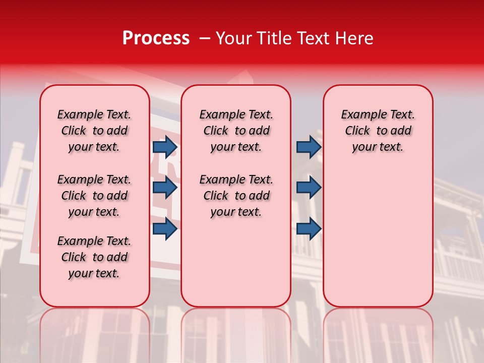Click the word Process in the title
pyautogui.click(x=156, y=38)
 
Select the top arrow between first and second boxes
pyautogui.click(x=165, y=147)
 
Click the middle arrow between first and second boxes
pyautogui.click(x=165, y=188)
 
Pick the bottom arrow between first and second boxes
pyautogui.click(x=165, y=229)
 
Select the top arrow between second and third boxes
pyautogui.click(x=309, y=147)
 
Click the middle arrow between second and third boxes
pyautogui.click(x=309, y=188)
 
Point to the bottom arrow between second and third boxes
pyautogui.click(x=309, y=229)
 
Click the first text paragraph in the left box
pyautogui.click(x=94, y=131)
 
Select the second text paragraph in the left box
pyautogui.click(x=94, y=196)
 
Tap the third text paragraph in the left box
pyautogui.click(x=94, y=257)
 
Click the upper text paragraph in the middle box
pyautogui.click(x=236, y=131)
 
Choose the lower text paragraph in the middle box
pyautogui.click(x=236, y=196)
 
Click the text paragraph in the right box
pyautogui.click(x=378, y=131)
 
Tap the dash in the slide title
pyautogui.click(x=205, y=38)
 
